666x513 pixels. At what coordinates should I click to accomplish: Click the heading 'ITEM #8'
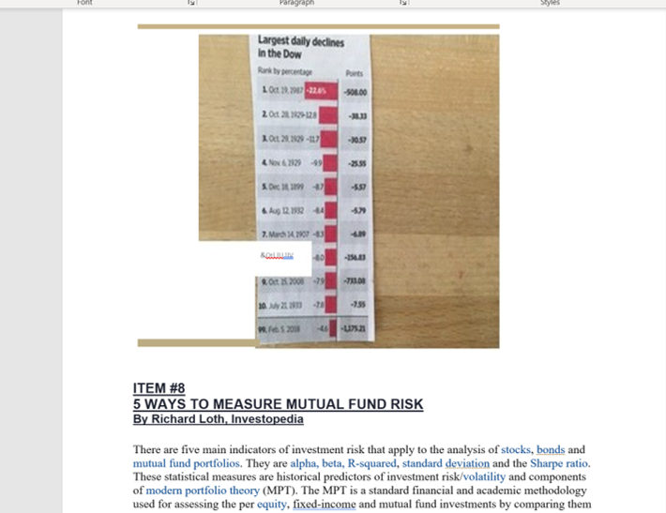coord(159,388)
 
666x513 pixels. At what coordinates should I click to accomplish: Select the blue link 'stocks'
coord(516,450)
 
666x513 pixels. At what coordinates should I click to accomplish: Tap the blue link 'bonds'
coord(551,450)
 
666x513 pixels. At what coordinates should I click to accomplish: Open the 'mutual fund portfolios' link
coord(187,463)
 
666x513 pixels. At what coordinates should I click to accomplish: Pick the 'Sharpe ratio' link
coord(560,463)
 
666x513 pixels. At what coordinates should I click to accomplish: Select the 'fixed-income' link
coord(323,504)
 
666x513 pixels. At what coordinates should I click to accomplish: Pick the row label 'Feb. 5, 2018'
coord(281,330)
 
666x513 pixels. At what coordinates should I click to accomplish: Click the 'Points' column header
coord(354,73)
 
